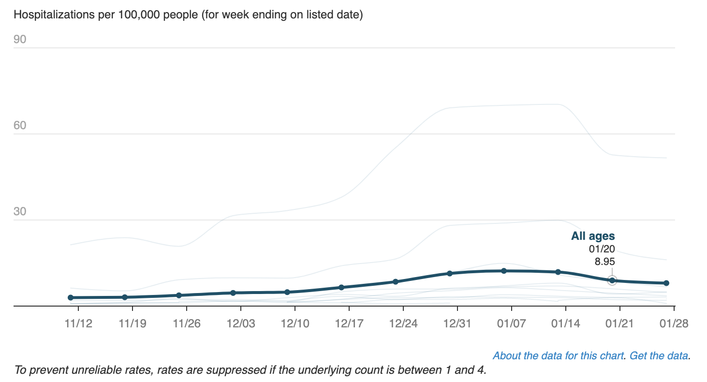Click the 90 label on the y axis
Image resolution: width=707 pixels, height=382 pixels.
(20, 40)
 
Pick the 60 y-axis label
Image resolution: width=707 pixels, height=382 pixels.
(20, 126)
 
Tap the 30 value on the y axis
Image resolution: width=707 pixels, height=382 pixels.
(20, 212)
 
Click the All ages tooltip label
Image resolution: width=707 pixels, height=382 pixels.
(593, 236)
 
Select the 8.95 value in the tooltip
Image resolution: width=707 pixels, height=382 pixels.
(604, 262)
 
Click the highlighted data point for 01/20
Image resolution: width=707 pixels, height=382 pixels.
(612, 280)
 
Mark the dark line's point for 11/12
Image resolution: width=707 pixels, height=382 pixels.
(71, 297)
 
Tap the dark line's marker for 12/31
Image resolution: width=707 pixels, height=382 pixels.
(449, 273)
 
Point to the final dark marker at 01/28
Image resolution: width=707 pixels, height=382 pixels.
(666, 283)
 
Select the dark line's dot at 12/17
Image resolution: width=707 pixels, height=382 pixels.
(341, 287)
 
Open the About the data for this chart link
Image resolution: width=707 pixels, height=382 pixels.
(558, 356)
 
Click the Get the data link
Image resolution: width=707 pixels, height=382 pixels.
(659, 356)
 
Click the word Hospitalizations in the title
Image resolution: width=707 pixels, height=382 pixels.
(49, 15)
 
